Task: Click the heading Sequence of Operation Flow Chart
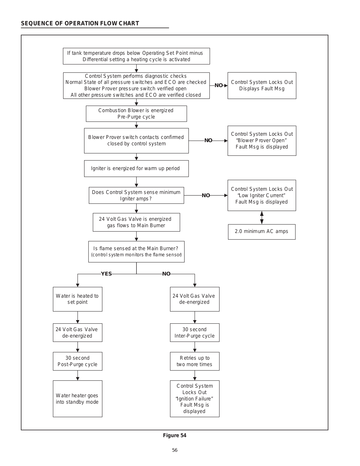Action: point(80,23)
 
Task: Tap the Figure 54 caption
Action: point(175,435)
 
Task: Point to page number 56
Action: point(175,450)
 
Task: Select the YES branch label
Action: point(106,274)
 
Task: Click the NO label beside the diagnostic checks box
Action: point(219,85)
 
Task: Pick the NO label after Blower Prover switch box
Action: point(208,140)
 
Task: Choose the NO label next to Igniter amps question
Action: point(206,195)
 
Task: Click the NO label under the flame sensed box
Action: point(166,274)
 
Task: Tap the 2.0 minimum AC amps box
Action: point(262,232)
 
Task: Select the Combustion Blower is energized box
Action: point(136,114)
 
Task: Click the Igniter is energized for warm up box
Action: point(136,169)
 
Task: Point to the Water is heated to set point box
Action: point(78,299)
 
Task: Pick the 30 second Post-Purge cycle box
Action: point(78,361)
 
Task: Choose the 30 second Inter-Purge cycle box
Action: point(195,333)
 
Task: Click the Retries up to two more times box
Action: point(195,361)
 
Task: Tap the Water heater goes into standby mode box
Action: point(78,399)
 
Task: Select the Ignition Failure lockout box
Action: point(195,399)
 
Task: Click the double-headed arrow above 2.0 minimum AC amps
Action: point(262,218)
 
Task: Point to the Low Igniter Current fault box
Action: point(262,195)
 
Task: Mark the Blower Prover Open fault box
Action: point(262,141)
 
